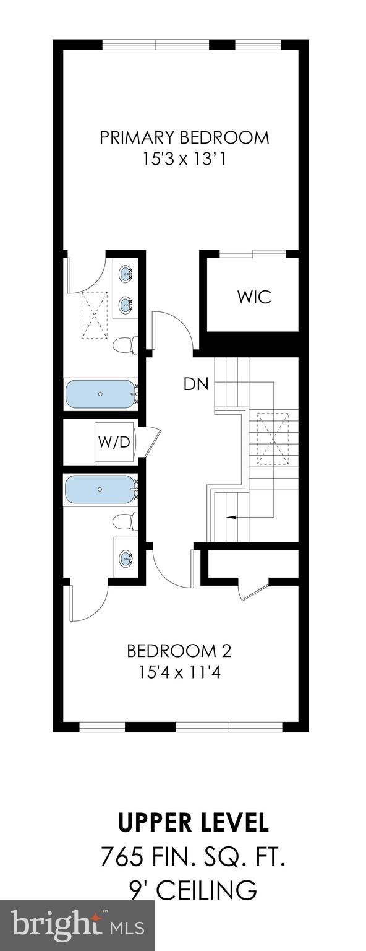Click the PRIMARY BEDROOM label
tap(184, 138)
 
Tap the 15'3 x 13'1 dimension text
tap(184, 160)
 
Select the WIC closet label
tap(254, 297)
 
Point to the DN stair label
tap(196, 384)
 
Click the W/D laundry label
tap(114, 442)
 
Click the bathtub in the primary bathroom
tap(100, 394)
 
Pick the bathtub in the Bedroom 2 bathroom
tap(100, 489)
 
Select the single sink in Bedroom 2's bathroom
tap(126, 558)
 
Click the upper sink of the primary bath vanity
tap(126, 272)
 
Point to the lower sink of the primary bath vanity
tap(126, 304)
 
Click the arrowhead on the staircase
tap(231, 517)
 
